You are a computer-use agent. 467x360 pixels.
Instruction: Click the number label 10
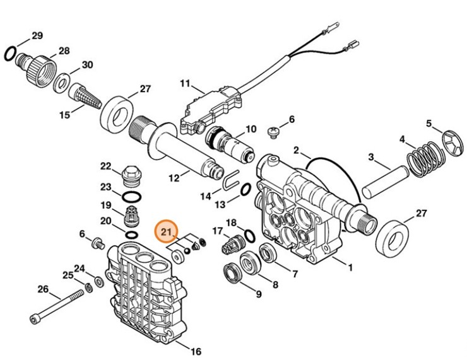tap(251, 129)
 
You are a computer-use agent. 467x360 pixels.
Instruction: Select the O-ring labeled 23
tap(133, 196)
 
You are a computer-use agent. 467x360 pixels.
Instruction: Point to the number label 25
tap(68, 275)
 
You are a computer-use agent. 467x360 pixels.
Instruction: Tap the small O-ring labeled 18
tap(249, 236)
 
